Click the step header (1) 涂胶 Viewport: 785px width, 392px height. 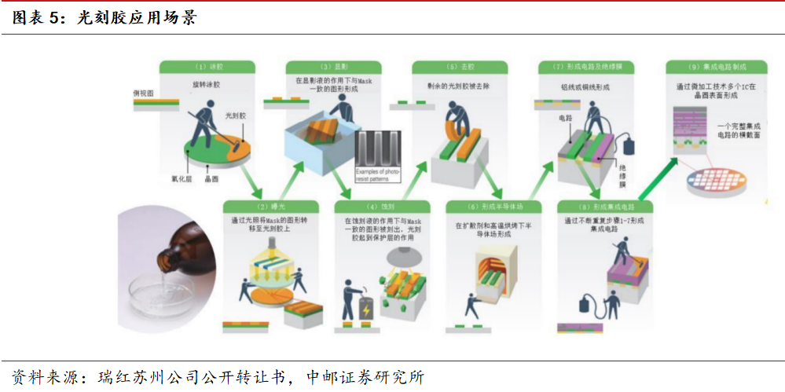(207, 68)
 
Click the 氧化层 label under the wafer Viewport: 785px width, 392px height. (183, 179)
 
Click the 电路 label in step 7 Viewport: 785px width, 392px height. (565, 118)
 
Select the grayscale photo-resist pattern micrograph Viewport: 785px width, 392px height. (378, 149)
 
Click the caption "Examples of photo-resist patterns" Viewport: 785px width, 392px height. (378, 174)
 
